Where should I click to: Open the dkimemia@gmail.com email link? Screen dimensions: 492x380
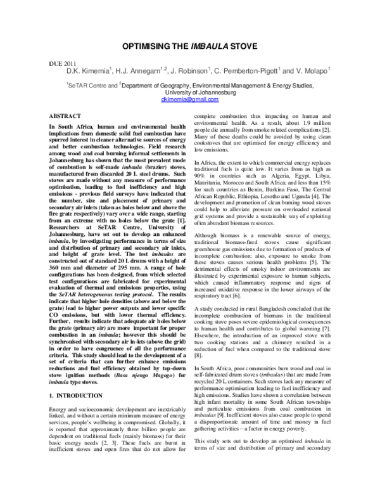point(189,100)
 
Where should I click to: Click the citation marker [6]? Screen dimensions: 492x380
point(255,242)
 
